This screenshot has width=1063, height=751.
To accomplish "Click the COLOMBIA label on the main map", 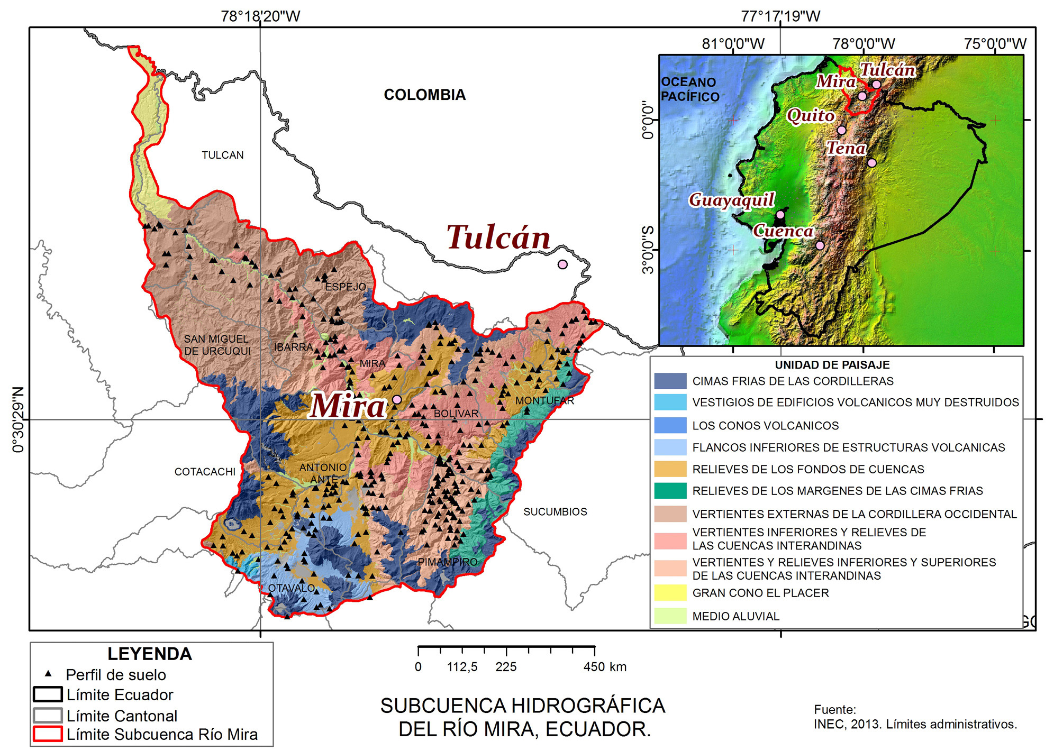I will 424,95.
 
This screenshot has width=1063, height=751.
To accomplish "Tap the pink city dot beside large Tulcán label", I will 562,264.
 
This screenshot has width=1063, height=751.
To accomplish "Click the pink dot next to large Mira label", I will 397,399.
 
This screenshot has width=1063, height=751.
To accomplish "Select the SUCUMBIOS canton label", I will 555,512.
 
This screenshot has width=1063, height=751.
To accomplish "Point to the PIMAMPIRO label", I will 448,562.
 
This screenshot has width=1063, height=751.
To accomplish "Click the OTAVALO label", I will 292,588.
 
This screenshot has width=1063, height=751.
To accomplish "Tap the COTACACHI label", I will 205,472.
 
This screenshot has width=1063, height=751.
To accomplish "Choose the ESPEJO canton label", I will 345,287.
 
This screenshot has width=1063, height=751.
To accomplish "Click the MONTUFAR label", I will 544,401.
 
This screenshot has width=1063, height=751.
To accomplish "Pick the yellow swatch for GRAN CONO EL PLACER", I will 670,593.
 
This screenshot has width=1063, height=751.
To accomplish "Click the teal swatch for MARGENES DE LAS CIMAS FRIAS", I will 670,491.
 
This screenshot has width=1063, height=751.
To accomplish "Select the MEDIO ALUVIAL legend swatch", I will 670,616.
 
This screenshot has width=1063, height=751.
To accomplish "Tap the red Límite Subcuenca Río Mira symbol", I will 48,734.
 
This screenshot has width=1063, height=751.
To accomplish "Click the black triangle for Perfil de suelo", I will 48,674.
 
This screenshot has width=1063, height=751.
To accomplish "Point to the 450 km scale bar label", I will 604,667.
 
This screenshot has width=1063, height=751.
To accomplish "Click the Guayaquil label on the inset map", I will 731,200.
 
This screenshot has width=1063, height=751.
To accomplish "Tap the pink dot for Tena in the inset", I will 872,163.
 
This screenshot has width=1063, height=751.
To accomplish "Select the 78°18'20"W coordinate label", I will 260,16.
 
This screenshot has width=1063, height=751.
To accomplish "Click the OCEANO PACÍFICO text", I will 689,89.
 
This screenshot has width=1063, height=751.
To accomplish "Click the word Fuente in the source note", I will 834,710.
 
